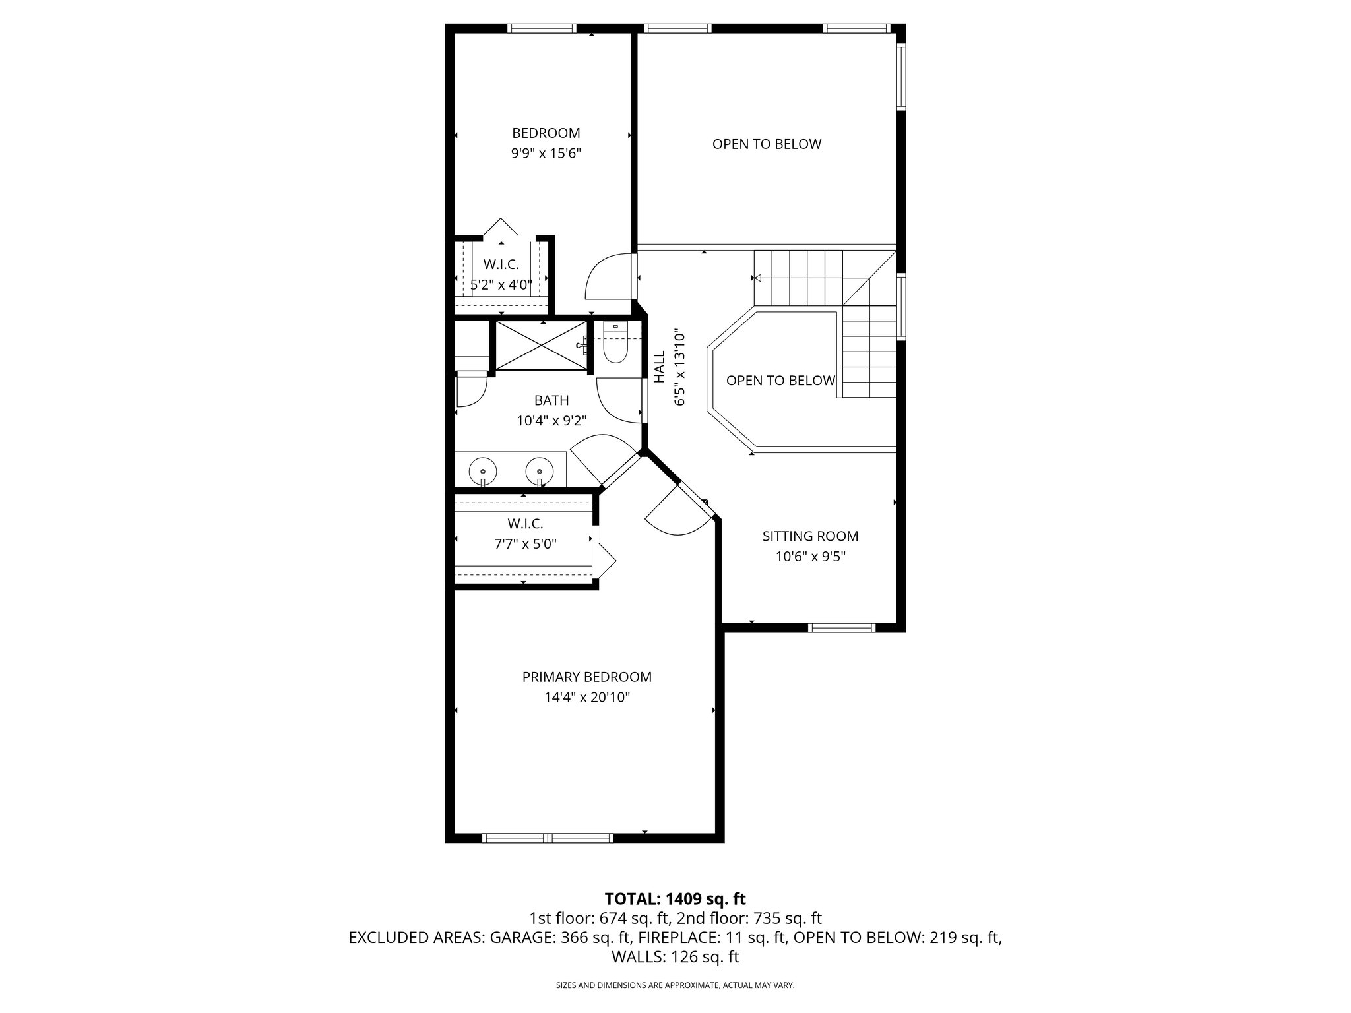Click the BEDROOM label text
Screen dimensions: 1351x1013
pos(546,133)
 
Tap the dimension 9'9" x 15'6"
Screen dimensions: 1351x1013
pos(546,154)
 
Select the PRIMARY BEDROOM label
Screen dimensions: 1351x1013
pos(586,677)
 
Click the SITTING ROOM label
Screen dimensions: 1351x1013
pos(810,536)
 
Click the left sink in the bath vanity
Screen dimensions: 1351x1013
pos(483,472)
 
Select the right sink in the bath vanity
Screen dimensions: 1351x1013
pos(540,472)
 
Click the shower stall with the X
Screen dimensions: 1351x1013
pos(540,345)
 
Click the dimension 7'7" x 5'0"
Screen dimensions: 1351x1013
pos(525,545)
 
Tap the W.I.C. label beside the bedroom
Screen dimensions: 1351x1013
pos(501,264)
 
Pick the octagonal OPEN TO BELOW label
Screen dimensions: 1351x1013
pos(780,381)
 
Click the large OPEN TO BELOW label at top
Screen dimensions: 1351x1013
pos(767,144)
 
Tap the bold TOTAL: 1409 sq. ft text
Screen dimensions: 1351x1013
pos(675,898)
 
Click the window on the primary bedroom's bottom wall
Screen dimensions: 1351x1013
pos(548,838)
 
